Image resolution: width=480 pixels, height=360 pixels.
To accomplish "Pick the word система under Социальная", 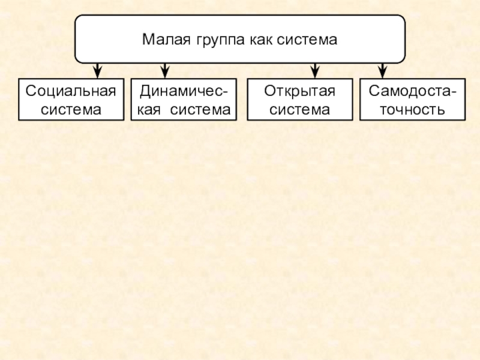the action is (71, 110).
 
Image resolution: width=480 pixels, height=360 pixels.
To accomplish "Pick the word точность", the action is (412, 110).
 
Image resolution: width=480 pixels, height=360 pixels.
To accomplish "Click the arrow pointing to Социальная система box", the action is (96, 70).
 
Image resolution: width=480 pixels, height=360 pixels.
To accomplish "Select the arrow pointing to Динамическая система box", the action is (165, 70).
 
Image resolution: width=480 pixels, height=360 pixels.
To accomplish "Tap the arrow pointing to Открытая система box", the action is (313, 70).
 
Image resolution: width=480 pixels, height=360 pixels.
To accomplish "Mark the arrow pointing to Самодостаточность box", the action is (383, 70).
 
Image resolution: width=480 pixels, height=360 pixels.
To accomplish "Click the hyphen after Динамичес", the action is (225, 92).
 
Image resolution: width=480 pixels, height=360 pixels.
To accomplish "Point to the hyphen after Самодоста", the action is (452, 92).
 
